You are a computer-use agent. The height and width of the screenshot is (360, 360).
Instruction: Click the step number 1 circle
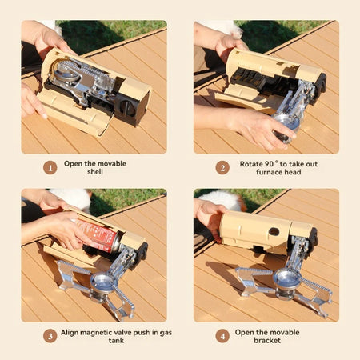pyautogui.click(x=50, y=168)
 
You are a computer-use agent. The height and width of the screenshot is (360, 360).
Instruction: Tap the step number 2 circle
pyautogui.click(x=222, y=168)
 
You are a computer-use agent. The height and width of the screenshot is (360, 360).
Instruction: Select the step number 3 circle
pyautogui.click(x=50, y=336)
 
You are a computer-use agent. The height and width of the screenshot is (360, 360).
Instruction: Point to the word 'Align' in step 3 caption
pyautogui.click(x=77, y=331)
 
